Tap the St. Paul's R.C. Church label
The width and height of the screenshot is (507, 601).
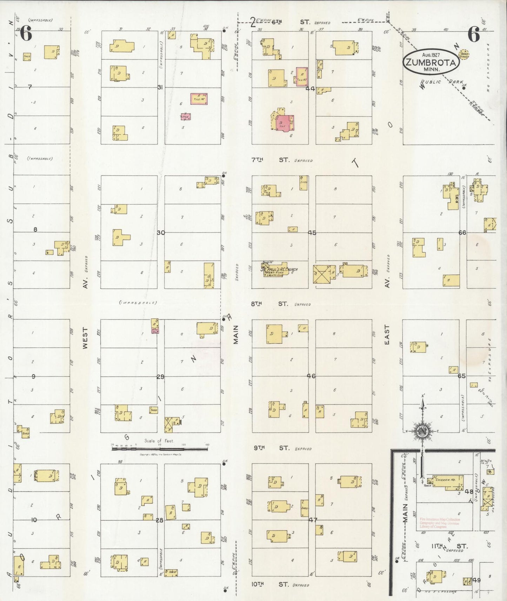pos(279,270)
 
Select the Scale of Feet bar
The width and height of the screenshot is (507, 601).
pos(160,448)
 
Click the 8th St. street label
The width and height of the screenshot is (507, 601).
pos(270,304)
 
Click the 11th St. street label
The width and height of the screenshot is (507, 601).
pos(449,546)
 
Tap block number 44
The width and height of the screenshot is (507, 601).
pos(310,89)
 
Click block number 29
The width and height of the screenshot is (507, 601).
pos(160,377)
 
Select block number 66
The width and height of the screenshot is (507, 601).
pos(462,232)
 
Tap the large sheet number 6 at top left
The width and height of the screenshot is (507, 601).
pos(26,34)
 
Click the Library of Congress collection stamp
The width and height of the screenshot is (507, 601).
pos(440,523)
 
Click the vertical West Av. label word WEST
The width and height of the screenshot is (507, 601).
pos(85,338)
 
